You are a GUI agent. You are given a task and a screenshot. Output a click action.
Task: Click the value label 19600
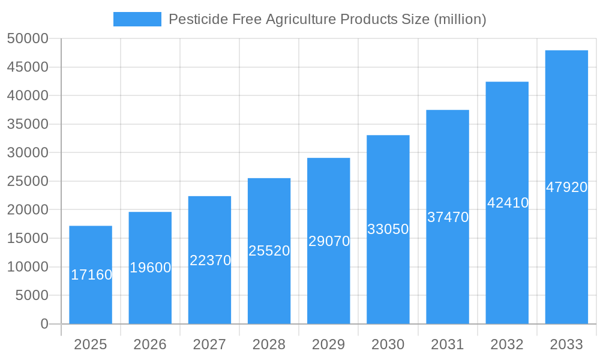click(150, 268)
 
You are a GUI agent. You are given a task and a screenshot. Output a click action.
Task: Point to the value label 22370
click(210, 260)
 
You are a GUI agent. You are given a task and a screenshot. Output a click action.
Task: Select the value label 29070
click(329, 241)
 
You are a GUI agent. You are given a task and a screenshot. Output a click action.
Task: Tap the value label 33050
click(388, 229)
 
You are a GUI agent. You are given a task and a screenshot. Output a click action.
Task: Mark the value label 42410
click(508, 203)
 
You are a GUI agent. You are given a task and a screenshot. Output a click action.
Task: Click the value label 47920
click(566, 187)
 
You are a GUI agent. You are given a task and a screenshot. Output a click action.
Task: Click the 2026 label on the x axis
click(150, 344)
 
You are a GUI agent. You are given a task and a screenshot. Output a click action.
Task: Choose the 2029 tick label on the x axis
click(329, 344)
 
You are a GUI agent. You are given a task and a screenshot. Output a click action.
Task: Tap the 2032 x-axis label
click(507, 344)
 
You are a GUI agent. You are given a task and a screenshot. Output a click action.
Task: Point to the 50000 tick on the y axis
click(28, 38)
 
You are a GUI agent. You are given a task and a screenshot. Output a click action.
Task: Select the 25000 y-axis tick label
click(28, 181)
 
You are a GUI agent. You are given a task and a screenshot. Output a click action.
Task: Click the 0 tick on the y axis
click(44, 324)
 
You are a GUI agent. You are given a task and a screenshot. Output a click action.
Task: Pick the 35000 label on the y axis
click(28, 124)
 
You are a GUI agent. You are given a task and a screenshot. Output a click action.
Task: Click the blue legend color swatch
click(137, 19)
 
